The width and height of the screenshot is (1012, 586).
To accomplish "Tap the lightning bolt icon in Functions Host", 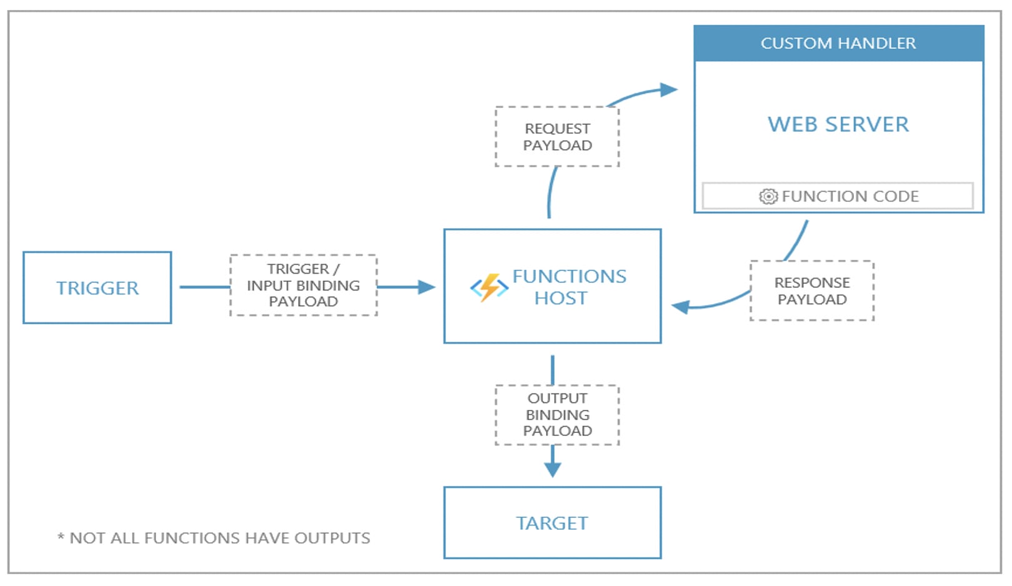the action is coord(489,287).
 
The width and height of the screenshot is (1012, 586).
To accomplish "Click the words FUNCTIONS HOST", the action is coord(569,287).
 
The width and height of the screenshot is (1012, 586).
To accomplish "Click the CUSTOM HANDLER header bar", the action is coord(839,43).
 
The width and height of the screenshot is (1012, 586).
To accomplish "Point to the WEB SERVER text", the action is coord(838,124).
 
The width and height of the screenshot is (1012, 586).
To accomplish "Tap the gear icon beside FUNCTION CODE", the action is coord(768,197).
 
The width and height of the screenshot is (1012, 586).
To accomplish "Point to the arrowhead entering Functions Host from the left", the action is coord(427,287).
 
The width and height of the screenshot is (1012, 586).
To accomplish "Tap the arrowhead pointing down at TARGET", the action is coord(552,470).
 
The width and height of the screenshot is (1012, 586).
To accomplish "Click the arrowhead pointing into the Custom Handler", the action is coord(668,89).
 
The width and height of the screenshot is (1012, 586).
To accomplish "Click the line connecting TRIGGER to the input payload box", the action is coord(205,287).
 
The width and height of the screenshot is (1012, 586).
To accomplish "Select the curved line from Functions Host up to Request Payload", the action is coord(550,192).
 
